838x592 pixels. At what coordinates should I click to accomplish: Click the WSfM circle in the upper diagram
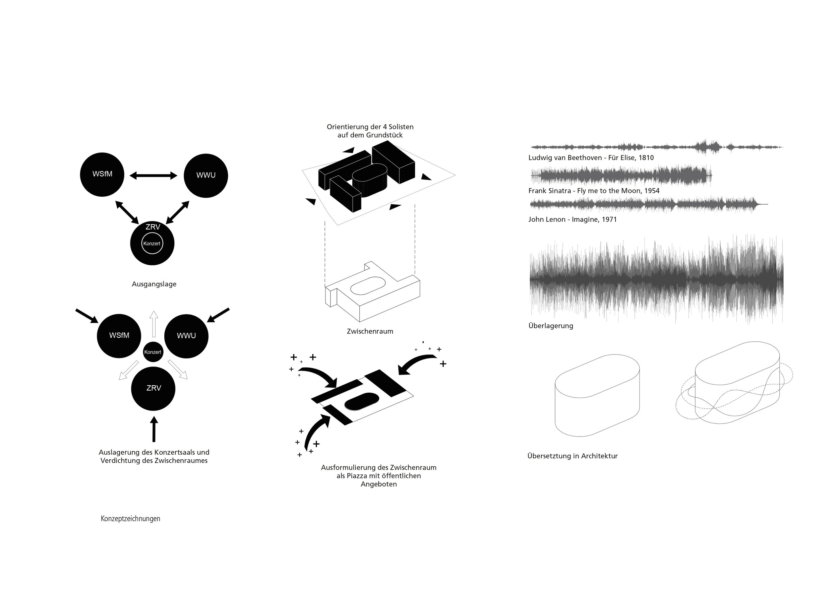pyautogui.click(x=102, y=175)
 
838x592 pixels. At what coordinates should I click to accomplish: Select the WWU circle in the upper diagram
pyautogui.click(x=206, y=176)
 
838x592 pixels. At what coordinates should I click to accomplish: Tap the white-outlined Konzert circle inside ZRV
pyautogui.click(x=152, y=244)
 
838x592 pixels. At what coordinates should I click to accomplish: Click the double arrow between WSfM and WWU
pyautogui.click(x=154, y=176)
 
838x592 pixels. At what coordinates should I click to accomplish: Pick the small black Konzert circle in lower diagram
pyautogui.click(x=153, y=352)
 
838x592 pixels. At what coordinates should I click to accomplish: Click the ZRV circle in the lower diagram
pyautogui.click(x=153, y=388)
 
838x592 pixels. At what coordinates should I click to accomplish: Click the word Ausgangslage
pyautogui.click(x=154, y=284)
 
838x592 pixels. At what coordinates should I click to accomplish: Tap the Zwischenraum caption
pyautogui.click(x=370, y=332)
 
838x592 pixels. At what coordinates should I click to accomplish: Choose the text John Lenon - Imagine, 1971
pyautogui.click(x=572, y=219)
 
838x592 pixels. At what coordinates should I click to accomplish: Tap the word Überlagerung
pyautogui.click(x=551, y=326)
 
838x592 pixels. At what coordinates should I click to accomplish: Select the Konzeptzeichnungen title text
pyautogui.click(x=130, y=519)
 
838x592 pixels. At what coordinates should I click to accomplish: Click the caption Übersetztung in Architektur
pyautogui.click(x=572, y=456)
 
